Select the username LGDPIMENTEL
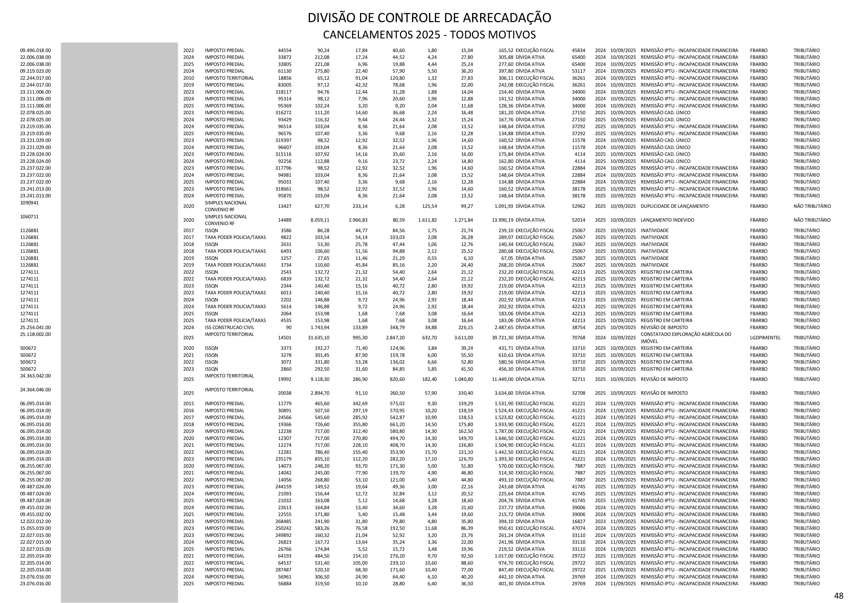tap(765, 338)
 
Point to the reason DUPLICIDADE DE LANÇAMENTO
tap(674, 206)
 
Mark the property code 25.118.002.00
tap(35, 334)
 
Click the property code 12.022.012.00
tap(35, 521)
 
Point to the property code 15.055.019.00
tap(35, 528)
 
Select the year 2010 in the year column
tap(188, 78)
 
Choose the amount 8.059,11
tap(320, 220)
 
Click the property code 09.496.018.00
tap(35, 50)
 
